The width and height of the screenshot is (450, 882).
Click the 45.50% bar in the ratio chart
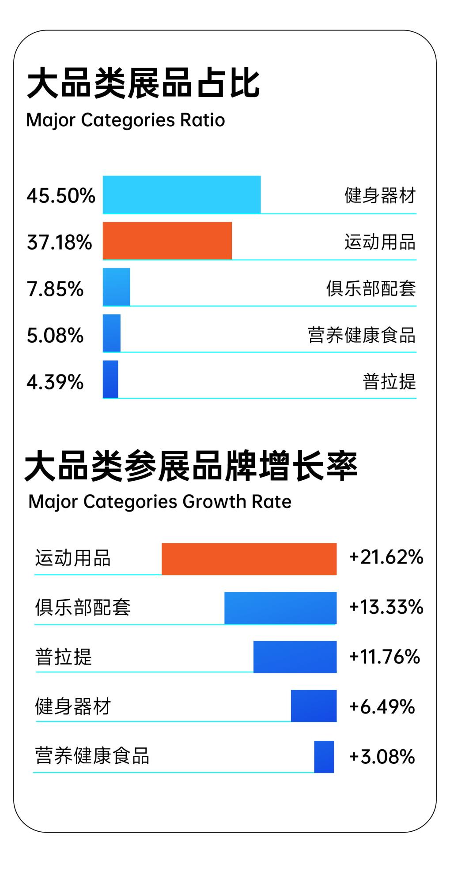182,194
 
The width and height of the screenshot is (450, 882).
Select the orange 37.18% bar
167,240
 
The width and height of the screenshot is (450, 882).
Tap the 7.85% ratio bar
117,287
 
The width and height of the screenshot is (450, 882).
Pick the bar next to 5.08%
112,333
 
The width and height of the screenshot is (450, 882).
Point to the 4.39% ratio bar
110,379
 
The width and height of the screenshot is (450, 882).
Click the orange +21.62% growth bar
249,559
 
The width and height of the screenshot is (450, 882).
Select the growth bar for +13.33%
280,608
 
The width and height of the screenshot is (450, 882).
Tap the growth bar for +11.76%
295,657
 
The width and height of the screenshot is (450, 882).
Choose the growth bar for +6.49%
314,706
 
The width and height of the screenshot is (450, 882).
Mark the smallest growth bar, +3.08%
324,757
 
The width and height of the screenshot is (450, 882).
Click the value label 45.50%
61,196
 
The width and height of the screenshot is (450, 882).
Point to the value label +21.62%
386,557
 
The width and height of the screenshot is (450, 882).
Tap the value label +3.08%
382,757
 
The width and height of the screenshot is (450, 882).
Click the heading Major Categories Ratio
126,120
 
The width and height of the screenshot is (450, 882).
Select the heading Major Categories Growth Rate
160,502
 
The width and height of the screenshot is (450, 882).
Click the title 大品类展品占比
143,83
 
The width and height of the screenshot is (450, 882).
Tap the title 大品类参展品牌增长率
191,466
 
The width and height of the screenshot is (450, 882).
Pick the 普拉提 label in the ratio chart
389,381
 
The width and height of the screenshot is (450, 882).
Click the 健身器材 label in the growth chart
73,706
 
